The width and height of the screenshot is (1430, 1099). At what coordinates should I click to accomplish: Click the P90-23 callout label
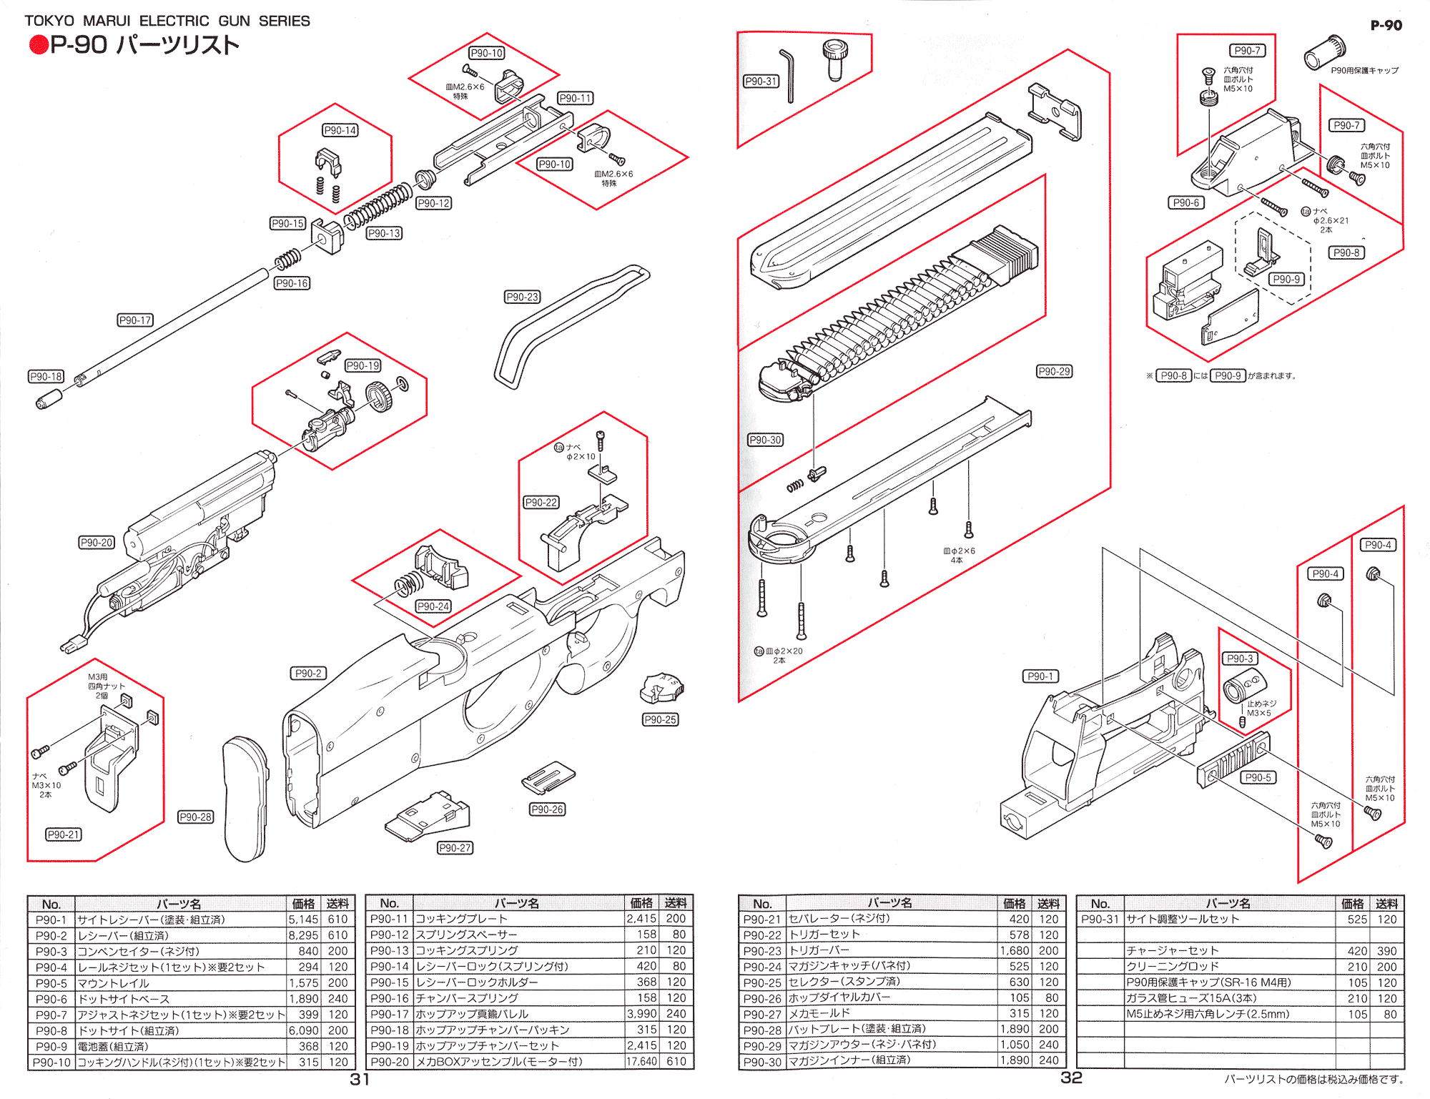pyautogui.click(x=522, y=297)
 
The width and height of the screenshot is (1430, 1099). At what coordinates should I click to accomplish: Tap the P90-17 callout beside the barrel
pyautogui.click(x=135, y=320)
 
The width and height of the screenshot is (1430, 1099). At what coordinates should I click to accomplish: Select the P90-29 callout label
pyautogui.click(x=1054, y=371)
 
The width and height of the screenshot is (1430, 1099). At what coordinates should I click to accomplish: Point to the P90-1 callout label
pyautogui.click(x=1040, y=676)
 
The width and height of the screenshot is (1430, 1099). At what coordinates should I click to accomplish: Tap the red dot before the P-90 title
pyautogui.click(x=38, y=45)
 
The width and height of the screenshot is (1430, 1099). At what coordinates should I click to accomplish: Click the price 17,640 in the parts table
pyautogui.click(x=641, y=1062)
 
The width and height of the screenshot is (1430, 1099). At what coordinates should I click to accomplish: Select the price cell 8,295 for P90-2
pyautogui.click(x=303, y=935)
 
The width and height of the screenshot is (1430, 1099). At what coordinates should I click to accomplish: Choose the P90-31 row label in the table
pyautogui.click(x=1100, y=920)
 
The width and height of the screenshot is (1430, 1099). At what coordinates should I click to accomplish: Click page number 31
pyautogui.click(x=360, y=1079)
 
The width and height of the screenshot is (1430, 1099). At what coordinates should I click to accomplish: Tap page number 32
pyautogui.click(x=1071, y=1078)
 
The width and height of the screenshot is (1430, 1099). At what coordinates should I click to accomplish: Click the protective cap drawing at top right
pyautogui.click(x=1325, y=52)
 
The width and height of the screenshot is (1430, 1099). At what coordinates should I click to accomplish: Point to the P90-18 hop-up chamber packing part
pyautogui.click(x=49, y=399)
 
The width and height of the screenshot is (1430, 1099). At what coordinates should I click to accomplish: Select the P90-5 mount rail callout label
pyautogui.click(x=1258, y=777)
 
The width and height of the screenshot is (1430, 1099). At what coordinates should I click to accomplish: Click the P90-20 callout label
pyautogui.click(x=97, y=543)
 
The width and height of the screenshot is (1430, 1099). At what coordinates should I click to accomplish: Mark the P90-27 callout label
pyautogui.click(x=455, y=848)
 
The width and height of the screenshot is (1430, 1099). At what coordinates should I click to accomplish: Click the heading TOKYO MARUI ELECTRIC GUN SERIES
pyautogui.click(x=167, y=21)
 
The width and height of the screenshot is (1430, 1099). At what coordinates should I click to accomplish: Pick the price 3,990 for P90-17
pyautogui.click(x=641, y=1014)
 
